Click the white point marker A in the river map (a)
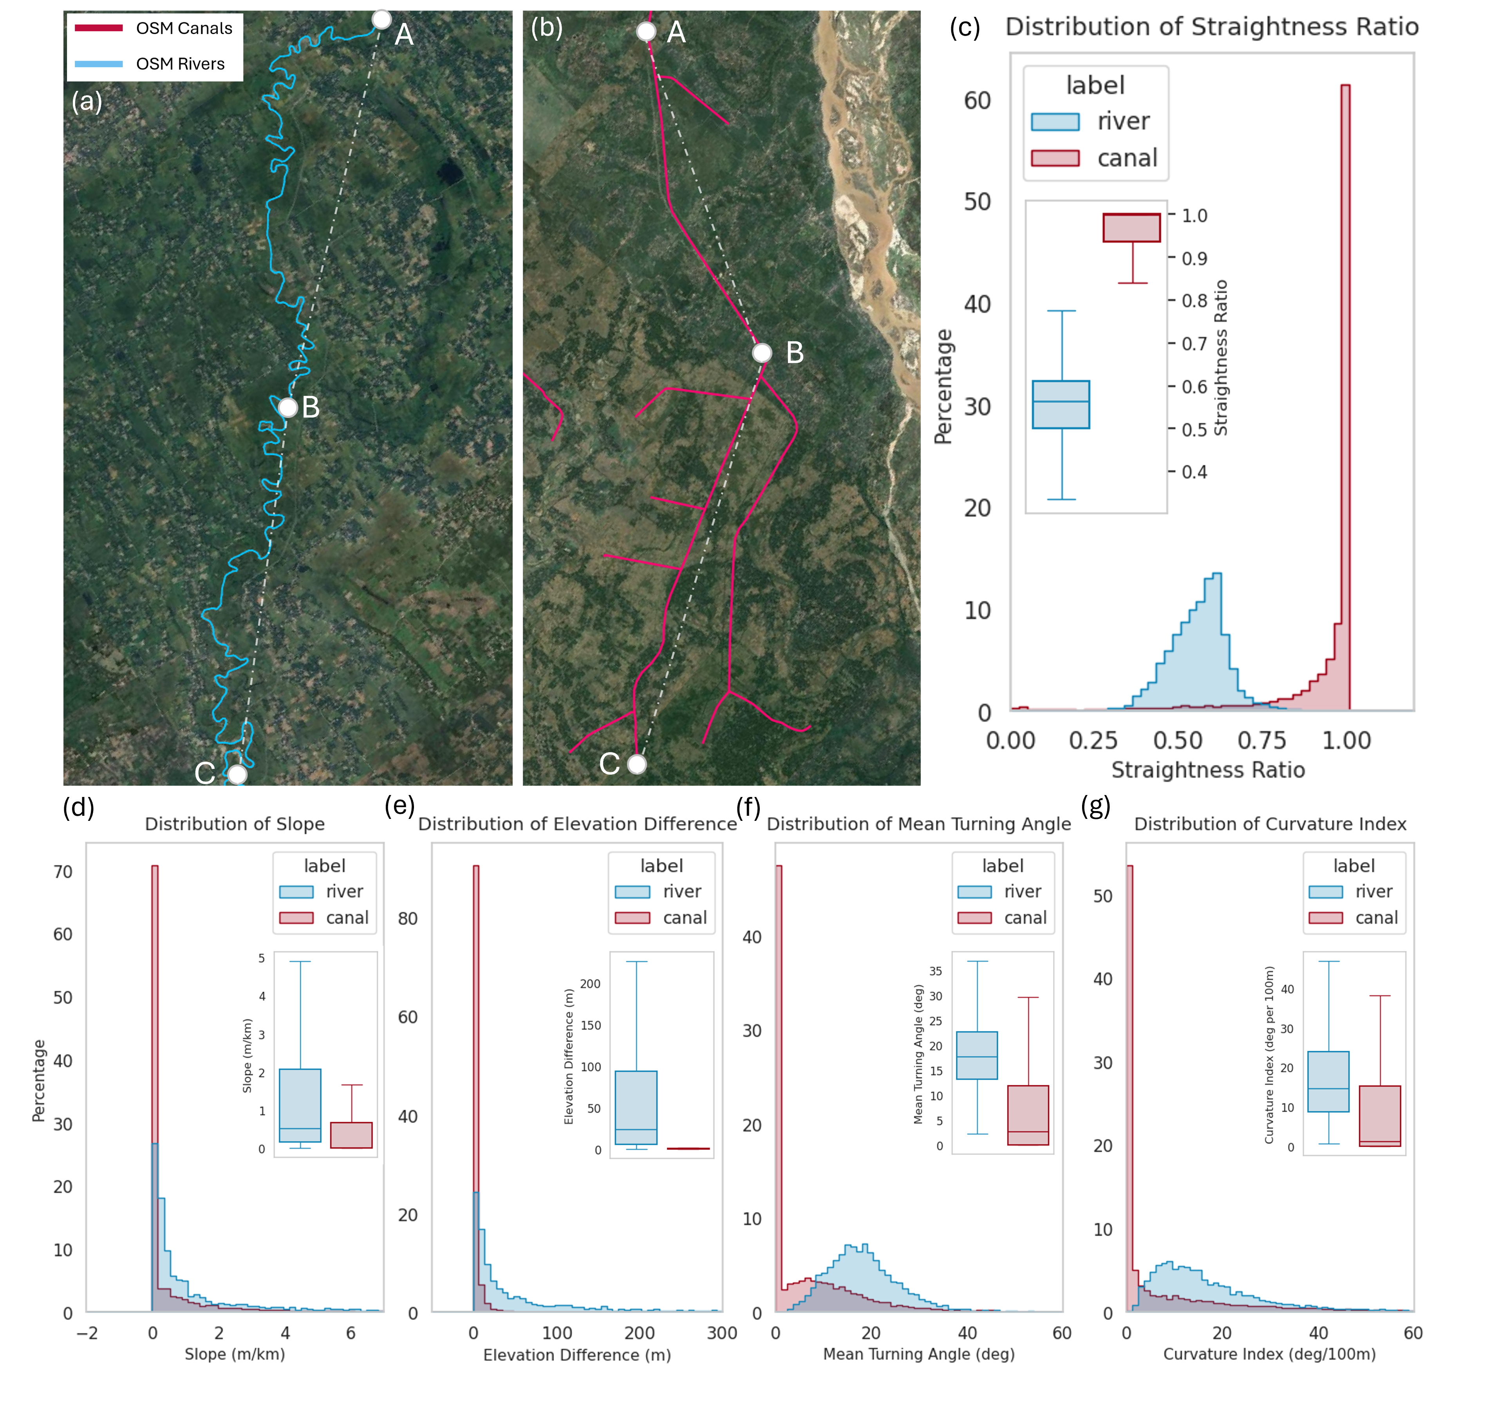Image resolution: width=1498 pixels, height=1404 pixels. click(x=381, y=19)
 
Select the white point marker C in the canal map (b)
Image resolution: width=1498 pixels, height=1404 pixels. click(x=637, y=764)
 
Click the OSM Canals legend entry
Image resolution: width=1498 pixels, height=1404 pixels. click(x=154, y=29)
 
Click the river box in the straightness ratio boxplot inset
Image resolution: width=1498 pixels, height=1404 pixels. click(x=1061, y=405)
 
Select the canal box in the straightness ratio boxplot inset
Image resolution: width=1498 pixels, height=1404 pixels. click(x=1132, y=228)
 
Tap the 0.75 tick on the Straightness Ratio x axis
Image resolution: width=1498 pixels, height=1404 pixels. click(x=1262, y=740)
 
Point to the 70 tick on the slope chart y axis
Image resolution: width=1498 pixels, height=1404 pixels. click(x=63, y=872)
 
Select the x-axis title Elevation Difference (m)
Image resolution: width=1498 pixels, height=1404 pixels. click(x=577, y=1355)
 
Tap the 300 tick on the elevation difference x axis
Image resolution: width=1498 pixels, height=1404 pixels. click(x=722, y=1332)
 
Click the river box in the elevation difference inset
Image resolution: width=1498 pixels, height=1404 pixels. click(x=636, y=1108)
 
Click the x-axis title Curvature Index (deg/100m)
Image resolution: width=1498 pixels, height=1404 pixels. click(x=1270, y=1354)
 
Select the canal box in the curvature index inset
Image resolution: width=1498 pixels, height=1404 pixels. click(x=1380, y=1116)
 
